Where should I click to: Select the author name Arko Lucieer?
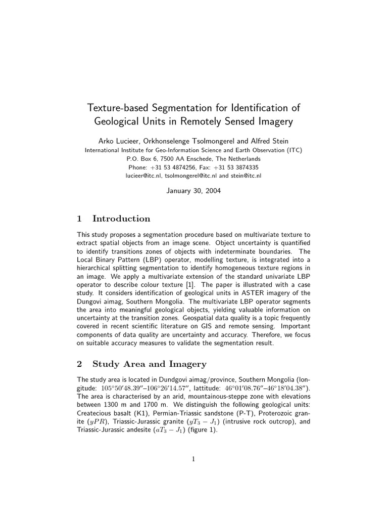[x=121, y=141]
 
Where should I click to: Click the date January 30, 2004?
[x=194, y=191]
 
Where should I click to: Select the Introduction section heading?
[x=121, y=219]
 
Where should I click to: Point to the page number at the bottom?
[x=193, y=459]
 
